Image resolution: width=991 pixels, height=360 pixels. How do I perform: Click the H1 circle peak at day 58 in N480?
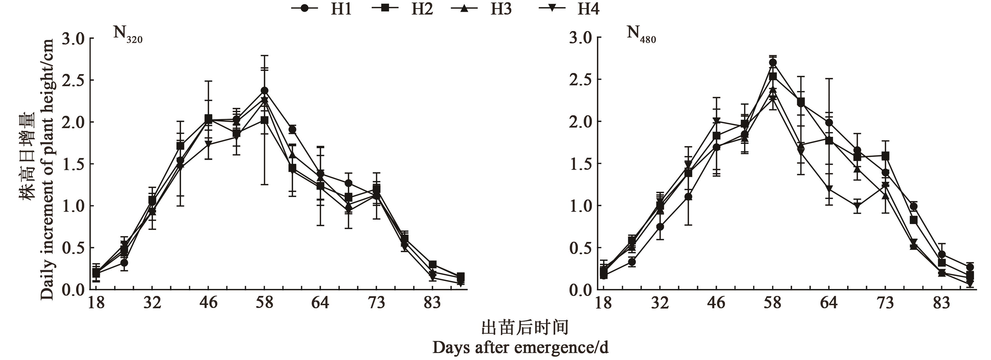click(773, 63)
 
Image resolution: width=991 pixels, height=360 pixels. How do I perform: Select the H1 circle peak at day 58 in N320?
click(264, 91)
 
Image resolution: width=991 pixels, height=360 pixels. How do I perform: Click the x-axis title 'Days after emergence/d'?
click(520, 348)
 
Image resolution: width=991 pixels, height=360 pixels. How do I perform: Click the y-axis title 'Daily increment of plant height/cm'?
click(48, 169)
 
